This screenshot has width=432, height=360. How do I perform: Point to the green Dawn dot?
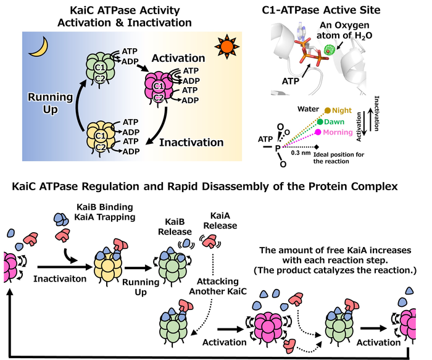tap(321, 122)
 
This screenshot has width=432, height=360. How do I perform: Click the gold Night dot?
tap(327, 111)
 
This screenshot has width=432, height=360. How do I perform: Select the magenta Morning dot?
tap(317, 132)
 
